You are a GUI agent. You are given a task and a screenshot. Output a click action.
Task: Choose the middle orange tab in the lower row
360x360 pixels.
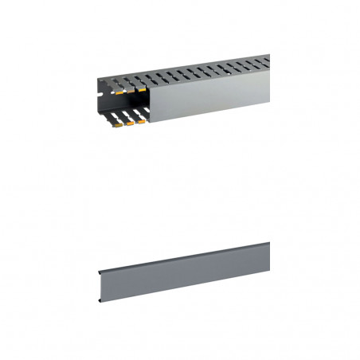point(131,123)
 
